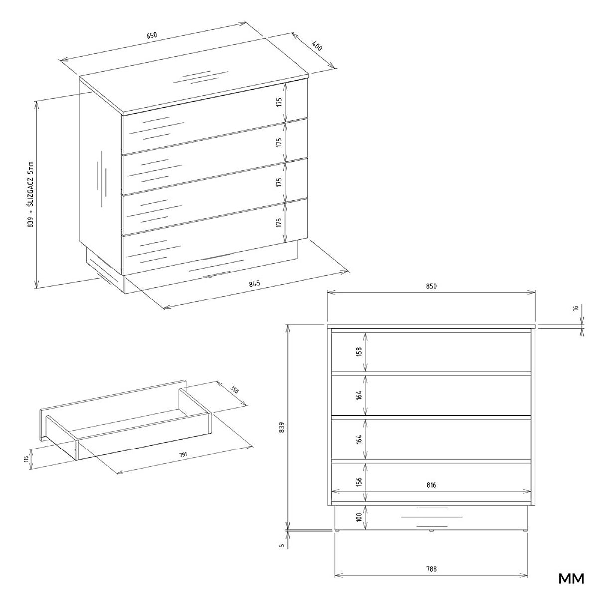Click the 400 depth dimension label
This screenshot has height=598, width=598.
317,46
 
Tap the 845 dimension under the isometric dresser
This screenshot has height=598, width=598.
254,284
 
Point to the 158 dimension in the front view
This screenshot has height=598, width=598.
359,352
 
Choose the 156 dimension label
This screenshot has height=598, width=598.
359,481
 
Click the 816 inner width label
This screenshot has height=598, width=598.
431,485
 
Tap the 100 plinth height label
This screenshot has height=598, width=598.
359,517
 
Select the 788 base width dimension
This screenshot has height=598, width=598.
431,560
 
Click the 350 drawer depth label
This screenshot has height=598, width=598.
234,390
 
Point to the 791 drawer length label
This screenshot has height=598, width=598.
183,455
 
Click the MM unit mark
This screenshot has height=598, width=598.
571,579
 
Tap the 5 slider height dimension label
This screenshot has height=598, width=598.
282,545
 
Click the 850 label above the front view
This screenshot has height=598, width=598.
431,286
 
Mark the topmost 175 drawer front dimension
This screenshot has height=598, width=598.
279,103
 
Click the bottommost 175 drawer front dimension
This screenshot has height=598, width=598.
279,222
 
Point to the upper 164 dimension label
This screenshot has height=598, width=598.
359,395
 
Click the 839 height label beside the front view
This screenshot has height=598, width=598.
282,427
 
